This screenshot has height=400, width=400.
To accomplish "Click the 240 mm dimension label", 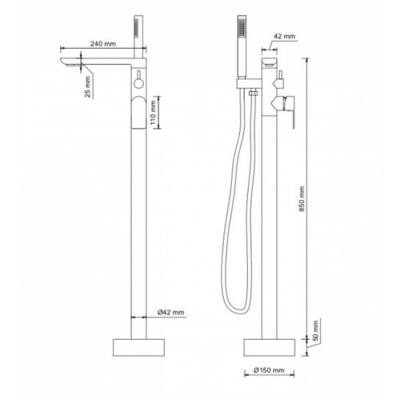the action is [x=103, y=43].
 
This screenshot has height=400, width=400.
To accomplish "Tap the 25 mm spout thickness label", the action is [x=88, y=87].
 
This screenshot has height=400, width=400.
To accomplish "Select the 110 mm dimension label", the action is [x=153, y=112].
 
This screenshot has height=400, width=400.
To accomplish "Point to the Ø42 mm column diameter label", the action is [x=170, y=312].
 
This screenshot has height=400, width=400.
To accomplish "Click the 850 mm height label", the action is [x=302, y=198].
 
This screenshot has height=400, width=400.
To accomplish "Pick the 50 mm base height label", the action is [x=316, y=331].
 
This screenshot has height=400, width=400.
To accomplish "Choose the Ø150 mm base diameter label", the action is [x=269, y=370].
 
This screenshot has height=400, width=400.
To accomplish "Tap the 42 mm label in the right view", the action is [x=285, y=36].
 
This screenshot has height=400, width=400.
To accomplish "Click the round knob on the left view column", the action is [x=138, y=84].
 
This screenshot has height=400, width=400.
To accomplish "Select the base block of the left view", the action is [x=138, y=347].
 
